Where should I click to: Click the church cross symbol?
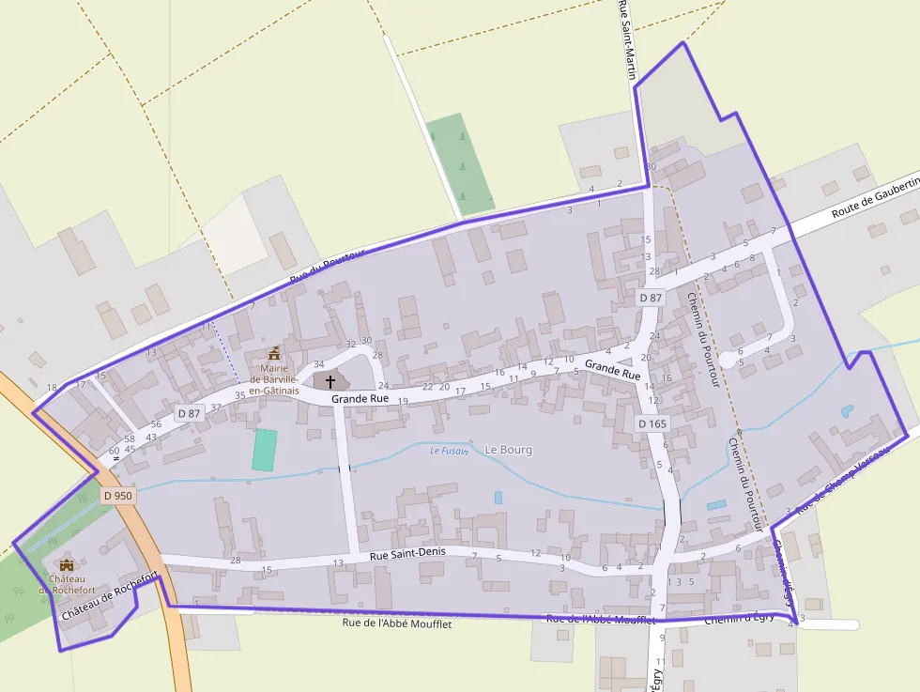[x=330, y=381]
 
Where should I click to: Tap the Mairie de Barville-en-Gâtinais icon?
[x=274, y=353]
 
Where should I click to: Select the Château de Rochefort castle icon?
[x=66, y=564]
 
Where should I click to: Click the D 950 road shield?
[x=119, y=495]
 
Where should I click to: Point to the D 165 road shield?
[x=652, y=423]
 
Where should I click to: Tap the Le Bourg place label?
[x=509, y=450]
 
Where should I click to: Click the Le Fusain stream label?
[x=448, y=451]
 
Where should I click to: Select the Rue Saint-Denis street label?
[x=407, y=555]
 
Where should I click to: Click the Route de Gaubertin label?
[x=873, y=198]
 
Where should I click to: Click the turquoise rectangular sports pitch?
[x=265, y=450]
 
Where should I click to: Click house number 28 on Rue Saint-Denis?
[x=235, y=561]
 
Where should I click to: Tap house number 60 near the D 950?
[x=114, y=451]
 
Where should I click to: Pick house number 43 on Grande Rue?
[x=151, y=437]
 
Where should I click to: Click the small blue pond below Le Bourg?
[x=498, y=498]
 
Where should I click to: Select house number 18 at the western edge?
[x=52, y=387]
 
